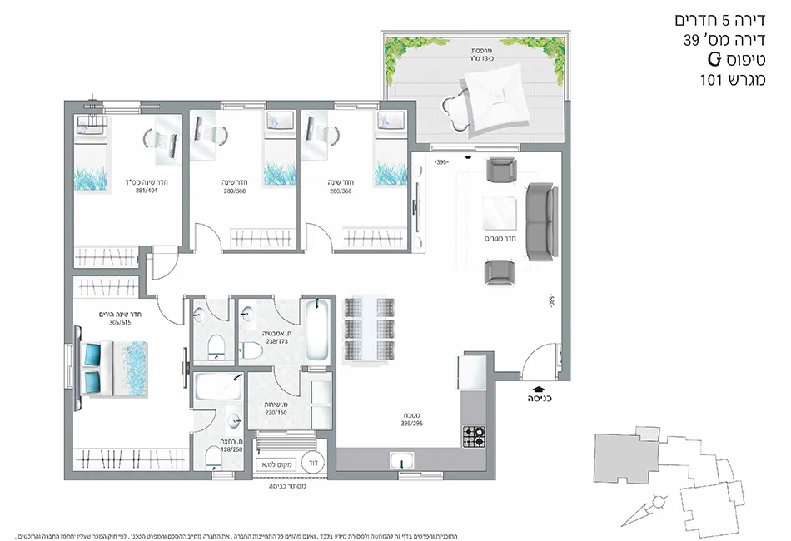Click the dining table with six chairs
(366, 327)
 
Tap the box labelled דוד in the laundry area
(313, 459)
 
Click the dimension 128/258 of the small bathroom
(231, 449)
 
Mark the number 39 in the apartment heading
(690, 39)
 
